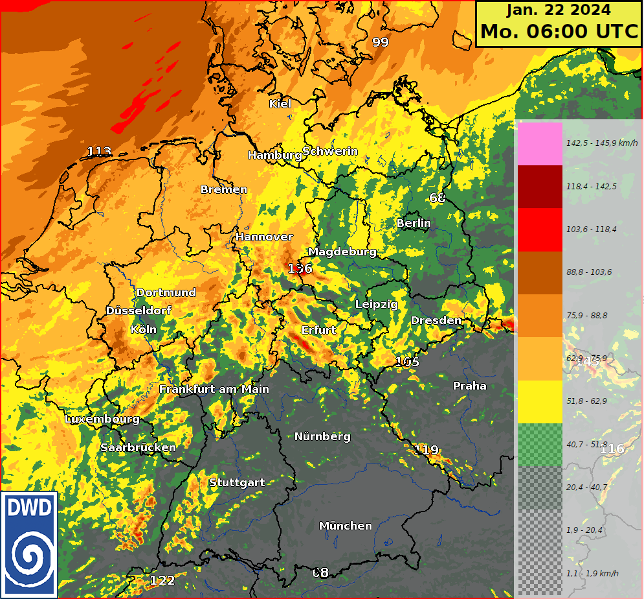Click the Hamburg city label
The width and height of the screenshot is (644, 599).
point(274,155)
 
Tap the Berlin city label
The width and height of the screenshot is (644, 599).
point(414,223)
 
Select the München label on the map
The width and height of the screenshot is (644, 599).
point(346,526)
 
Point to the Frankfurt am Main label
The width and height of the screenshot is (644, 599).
point(214,389)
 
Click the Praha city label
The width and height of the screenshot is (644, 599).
point(469,386)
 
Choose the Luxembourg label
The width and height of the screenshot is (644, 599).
point(102,419)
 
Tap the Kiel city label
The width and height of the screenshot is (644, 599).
point(280,104)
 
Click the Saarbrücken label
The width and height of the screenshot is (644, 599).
point(138,447)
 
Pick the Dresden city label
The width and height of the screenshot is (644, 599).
point(436,320)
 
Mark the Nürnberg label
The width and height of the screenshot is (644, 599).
point(322,436)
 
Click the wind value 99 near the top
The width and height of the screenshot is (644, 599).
point(381,42)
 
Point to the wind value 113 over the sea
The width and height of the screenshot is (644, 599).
point(99,152)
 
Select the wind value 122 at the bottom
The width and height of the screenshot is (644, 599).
point(162,580)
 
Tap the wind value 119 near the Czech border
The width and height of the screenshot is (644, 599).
point(427,450)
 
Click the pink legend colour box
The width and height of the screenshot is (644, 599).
point(540,143)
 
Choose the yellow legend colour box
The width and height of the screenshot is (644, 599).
point(540,402)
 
